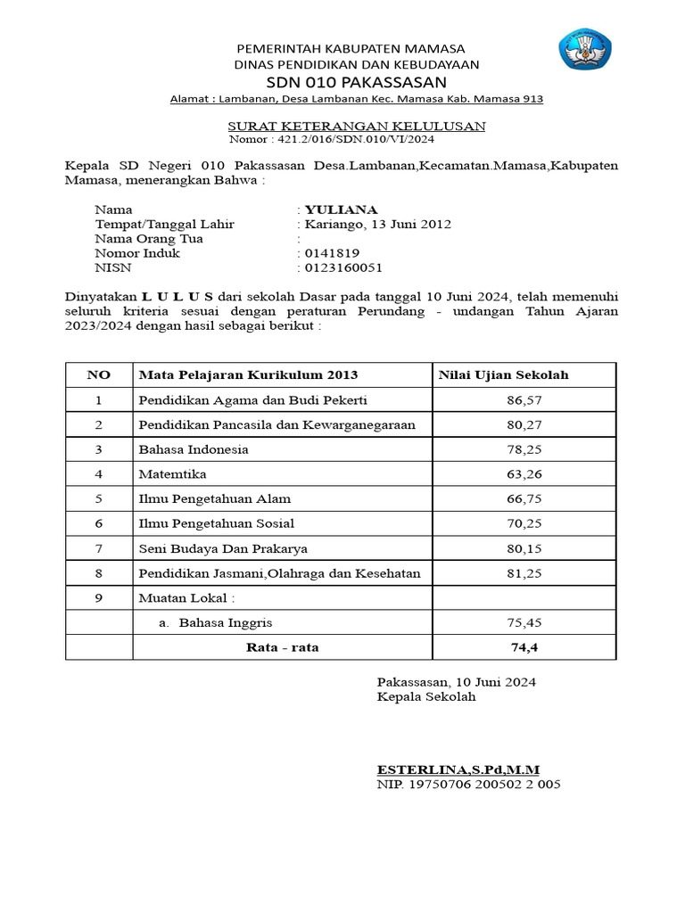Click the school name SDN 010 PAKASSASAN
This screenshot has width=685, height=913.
click(356, 82)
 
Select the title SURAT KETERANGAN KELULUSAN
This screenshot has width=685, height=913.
click(356, 127)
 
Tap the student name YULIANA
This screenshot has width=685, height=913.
click(341, 210)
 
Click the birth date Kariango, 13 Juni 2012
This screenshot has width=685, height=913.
click(378, 225)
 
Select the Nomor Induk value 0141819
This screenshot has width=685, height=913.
click(332, 253)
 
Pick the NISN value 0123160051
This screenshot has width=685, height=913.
click(343, 267)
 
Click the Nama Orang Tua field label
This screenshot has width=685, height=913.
click(149, 239)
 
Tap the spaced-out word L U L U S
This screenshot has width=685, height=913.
click(178, 296)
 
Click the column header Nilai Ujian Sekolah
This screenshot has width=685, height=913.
click(503, 375)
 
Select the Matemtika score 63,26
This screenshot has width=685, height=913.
click(524, 474)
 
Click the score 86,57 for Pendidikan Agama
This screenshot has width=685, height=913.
click(524, 400)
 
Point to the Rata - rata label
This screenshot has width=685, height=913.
click(282, 647)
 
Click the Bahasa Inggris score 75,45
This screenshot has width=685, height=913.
click(524, 622)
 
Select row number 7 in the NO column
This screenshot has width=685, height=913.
click(99, 548)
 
